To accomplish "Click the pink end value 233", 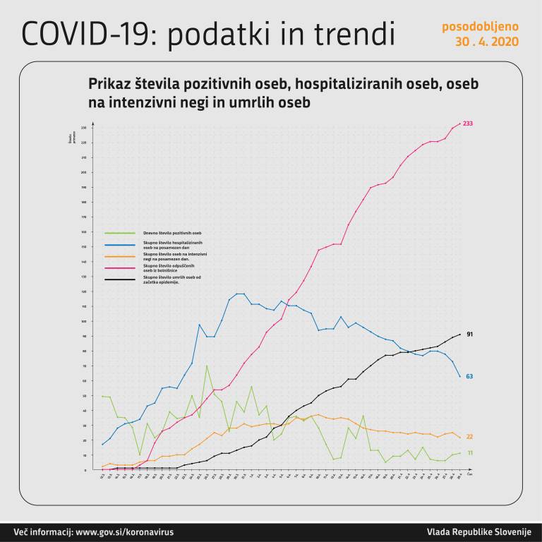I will (x=468, y=124).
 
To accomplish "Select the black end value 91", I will (x=469, y=333).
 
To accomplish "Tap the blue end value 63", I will (x=469, y=376).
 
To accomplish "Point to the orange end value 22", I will (x=469, y=438).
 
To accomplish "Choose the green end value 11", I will (x=469, y=453).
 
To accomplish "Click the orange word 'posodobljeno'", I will (x=481, y=27).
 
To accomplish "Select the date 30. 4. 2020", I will (x=487, y=42).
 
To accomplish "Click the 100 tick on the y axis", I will (x=83, y=321).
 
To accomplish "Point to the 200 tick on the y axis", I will (x=83, y=172).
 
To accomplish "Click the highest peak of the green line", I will (x=207, y=365).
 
